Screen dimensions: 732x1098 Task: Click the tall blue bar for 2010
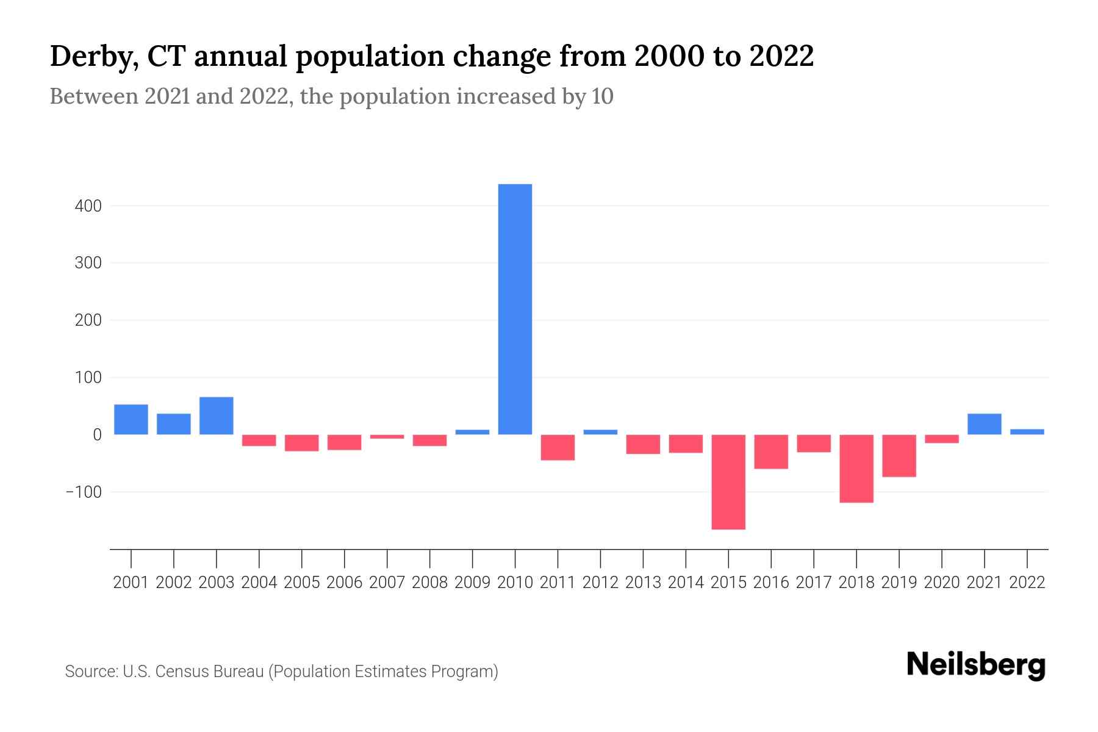click(515, 309)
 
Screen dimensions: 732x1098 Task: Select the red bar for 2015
click(728, 482)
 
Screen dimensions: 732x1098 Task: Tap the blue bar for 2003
click(217, 415)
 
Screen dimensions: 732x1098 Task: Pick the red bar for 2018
click(856, 468)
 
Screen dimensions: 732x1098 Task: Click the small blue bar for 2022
click(1027, 431)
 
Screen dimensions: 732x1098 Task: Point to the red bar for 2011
click(558, 447)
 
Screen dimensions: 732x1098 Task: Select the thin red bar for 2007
click(387, 437)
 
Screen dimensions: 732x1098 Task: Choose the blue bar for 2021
click(985, 424)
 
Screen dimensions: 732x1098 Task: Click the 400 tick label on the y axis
click(88, 206)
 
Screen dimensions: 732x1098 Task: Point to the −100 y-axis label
click(84, 492)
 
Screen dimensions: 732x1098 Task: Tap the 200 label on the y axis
click(88, 320)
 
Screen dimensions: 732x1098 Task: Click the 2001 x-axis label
click(131, 583)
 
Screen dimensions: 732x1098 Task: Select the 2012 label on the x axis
click(600, 583)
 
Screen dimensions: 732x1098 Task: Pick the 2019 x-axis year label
click(899, 583)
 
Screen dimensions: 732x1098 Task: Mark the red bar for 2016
click(771, 451)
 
